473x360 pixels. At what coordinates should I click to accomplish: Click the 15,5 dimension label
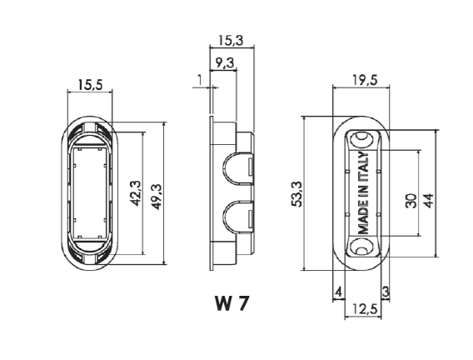coord(90,85)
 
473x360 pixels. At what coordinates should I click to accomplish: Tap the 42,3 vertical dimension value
coord(136,193)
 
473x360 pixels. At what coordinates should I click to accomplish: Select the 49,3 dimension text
coord(157,197)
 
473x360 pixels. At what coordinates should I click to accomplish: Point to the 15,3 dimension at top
coord(231,40)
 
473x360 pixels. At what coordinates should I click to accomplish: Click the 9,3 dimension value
coord(225,62)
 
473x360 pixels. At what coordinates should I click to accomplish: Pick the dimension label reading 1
coord(199,80)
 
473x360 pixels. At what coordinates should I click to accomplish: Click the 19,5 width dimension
coord(365,80)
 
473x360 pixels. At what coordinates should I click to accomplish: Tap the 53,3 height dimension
coord(296,193)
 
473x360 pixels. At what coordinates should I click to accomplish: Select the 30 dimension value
coord(411,201)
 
